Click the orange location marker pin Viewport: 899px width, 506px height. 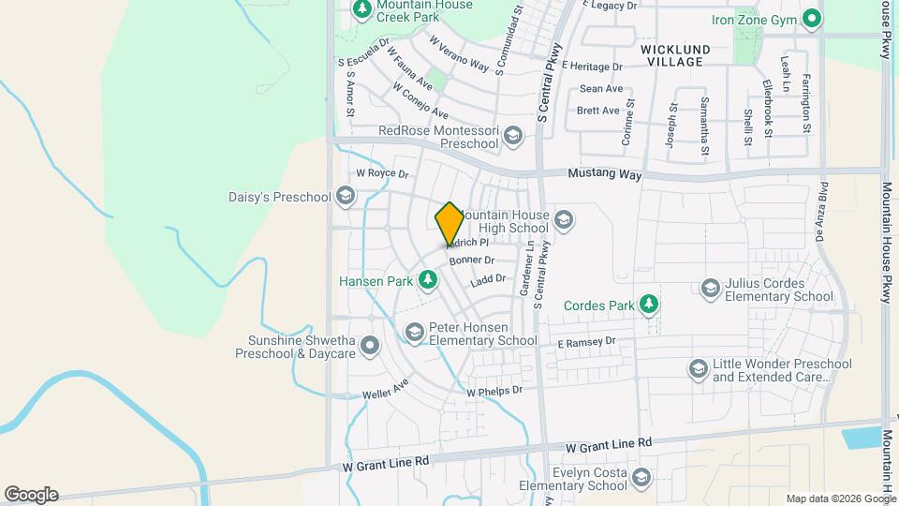tap(449, 224)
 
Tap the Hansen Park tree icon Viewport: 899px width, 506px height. tap(428, 278)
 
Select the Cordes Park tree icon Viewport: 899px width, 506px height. tap(647, 305)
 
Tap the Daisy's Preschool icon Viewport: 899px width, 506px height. tap(345, 196)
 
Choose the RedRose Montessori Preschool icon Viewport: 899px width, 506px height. tap(511, 137)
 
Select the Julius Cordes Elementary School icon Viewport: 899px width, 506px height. tap(711, 288)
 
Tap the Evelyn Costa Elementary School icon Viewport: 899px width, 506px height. tap(641, 478)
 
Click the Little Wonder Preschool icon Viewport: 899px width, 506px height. tap(698, 369)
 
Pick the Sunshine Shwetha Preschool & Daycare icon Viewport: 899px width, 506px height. tap(370, 346)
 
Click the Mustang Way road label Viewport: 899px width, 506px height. tap(605, 174)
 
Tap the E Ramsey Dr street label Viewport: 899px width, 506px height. tap(586, 343)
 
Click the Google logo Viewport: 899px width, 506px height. tap(31, 494)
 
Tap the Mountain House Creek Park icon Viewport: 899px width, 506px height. tap(362, 8)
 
